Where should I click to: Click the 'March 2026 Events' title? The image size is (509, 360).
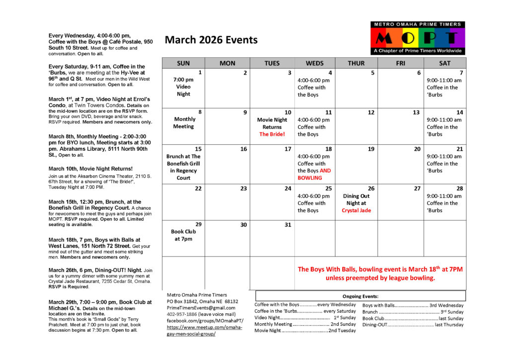tap(211, 40)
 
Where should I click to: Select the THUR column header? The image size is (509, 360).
tap(356, 63)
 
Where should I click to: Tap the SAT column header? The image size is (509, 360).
tap(445, 63)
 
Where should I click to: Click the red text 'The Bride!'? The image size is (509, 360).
tap(272, 134)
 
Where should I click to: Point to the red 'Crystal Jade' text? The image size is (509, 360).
tap(356, 210)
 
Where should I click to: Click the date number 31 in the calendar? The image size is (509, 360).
tap(288, 225)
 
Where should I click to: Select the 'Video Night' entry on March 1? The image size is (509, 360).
tap(183, 87)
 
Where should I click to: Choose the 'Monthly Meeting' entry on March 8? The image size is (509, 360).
tap(183, 123)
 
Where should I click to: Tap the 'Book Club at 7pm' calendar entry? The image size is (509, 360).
tap(183, 235)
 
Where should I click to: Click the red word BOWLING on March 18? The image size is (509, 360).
tap(310, 178)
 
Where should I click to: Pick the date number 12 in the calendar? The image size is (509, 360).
tap(371, 112)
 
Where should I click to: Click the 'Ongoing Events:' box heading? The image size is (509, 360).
tap(360, 296)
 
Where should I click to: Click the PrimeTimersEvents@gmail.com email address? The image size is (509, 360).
tap(201, 308)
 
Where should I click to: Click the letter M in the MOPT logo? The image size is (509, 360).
tap(384, 38)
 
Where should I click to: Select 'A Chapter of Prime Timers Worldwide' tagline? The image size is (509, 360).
tap(418, 51)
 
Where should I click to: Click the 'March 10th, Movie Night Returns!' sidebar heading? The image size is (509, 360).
tap(90, 169)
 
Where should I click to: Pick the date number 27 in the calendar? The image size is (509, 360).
tap(418, 188)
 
